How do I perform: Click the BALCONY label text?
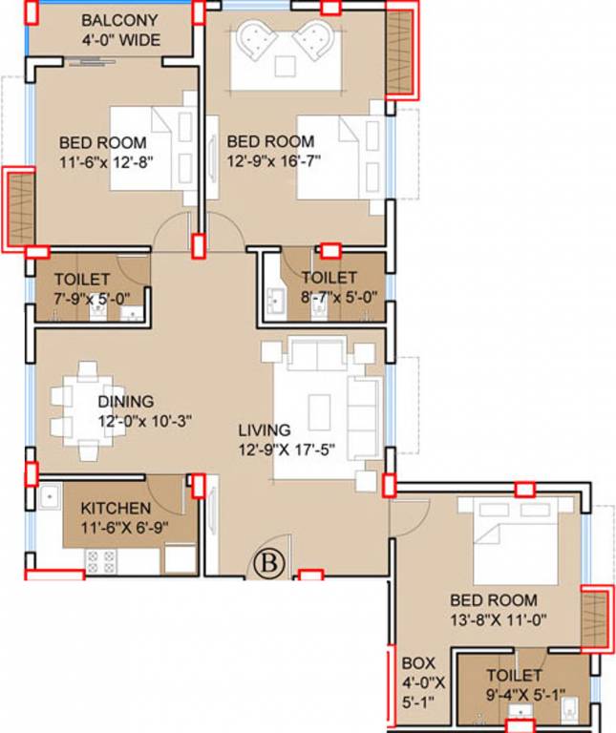[119, 21]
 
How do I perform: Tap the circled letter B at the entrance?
[269, 562]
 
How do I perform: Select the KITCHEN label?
[116, 508]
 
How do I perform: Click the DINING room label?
[126, 402]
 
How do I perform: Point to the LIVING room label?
[265, 430]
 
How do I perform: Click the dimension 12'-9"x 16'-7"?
[274, 161]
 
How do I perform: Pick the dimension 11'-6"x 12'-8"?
[107, 162]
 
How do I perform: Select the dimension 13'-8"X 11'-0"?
[499, 620]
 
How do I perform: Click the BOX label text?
[418, 663]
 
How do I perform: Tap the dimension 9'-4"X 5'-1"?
[525, 695]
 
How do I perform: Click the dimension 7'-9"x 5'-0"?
[92, 299]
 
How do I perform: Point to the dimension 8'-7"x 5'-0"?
[339, 298]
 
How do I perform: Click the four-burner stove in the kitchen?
[101, 562]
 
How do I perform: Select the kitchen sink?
[50, 496]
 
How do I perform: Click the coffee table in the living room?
[319, 408]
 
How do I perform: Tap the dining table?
[88, 410]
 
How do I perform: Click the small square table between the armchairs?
[285, 66]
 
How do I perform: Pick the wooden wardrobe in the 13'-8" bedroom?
[595, 618]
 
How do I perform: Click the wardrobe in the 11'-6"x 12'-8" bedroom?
[21, 209]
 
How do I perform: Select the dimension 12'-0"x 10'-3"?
[145, 421]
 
